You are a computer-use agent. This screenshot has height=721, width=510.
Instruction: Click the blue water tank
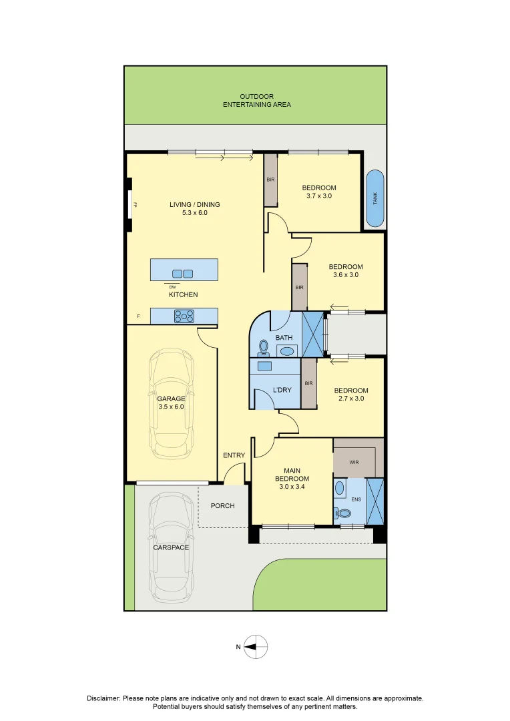pos(375,198)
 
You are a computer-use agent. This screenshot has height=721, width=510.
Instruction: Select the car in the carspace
pos(171,547)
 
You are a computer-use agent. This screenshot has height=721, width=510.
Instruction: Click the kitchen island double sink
pos(183,273)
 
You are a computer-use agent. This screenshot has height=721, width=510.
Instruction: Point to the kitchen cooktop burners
pos(184,316)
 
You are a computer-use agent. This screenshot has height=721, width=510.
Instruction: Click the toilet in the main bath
pos(264,347)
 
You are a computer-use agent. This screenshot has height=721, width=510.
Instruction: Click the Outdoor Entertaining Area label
pos(256,101)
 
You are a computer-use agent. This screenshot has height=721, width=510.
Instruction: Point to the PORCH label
pos(222,505)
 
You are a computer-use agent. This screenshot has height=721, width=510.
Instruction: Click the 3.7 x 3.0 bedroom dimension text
pos(318,196)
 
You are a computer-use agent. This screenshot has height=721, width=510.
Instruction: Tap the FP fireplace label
pos(135,205)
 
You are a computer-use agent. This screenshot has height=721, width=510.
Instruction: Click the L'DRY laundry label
pos(282,390)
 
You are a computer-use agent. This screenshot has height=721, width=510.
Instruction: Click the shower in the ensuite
pos(375,500)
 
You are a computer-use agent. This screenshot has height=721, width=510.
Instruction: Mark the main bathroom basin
pos(286,350)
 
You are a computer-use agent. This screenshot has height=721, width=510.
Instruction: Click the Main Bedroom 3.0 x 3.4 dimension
pos(292,487)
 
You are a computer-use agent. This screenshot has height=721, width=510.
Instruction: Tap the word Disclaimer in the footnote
pos(103,698)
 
